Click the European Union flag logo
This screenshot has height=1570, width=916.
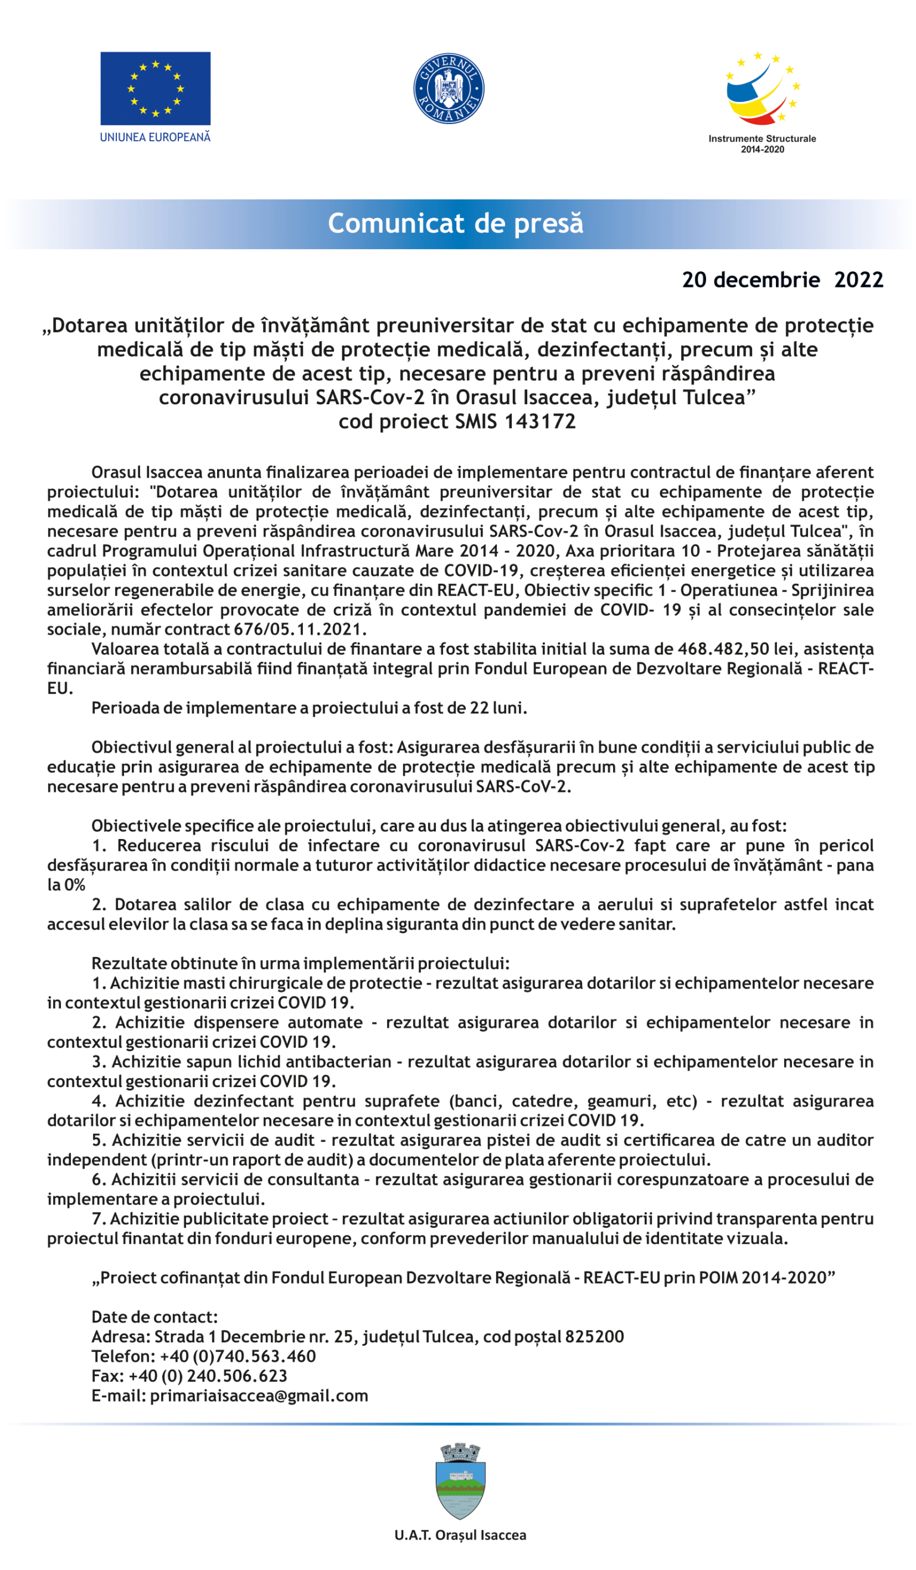[x=155, y=88]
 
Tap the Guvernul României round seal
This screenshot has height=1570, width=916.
[x=448, y=88]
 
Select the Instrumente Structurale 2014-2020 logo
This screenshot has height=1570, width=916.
[x=762, y=100]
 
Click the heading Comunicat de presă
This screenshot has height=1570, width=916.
[x=456, y=223]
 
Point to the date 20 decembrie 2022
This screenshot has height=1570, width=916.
[x=782, y=280]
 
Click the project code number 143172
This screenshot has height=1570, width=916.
[x=540, y=422]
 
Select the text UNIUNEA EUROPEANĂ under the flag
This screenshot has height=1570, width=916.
[x=155, y=137]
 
